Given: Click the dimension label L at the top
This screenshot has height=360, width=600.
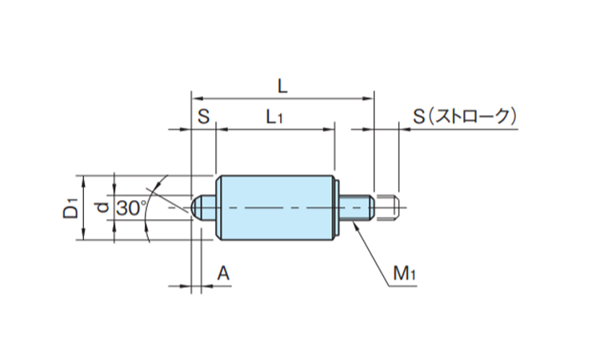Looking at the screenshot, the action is pos(282,87).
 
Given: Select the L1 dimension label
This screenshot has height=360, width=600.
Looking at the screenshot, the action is pos(274,117).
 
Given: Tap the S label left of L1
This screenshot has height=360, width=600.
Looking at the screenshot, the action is pos(203,116).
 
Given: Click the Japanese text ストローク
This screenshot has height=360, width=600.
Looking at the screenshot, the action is pos(474,116).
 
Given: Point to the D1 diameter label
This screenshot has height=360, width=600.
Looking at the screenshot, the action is pos(70,209).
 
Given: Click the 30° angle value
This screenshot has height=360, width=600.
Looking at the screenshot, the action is pos(131,209).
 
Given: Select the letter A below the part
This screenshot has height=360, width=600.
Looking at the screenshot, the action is pos(223,274).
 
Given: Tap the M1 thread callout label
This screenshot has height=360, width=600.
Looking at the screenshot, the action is pos(404,273).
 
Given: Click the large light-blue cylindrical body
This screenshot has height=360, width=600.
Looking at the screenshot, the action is pos(275,208).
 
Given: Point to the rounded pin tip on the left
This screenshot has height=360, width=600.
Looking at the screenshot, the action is pos(196,208).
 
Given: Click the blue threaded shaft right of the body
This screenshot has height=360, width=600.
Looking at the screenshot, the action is pos(357,208).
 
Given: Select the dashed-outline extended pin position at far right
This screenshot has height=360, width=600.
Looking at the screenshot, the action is pos(387,208).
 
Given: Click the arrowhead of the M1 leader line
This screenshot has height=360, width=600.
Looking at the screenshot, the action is pos(356,226).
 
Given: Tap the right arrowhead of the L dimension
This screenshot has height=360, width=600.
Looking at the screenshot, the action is pos(368,98).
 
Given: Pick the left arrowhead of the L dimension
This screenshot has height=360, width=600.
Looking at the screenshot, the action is pos(197,98).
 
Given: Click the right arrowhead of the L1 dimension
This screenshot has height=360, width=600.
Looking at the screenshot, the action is pos(329,130).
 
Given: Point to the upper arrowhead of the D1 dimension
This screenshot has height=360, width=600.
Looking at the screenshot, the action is pos(84,182).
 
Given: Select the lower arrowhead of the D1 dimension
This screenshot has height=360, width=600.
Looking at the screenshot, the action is pos(84,234).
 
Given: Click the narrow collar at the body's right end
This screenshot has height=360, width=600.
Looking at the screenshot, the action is pos(338,208).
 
